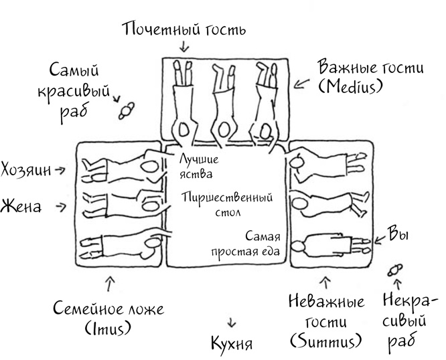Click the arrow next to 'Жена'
[62, 207]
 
